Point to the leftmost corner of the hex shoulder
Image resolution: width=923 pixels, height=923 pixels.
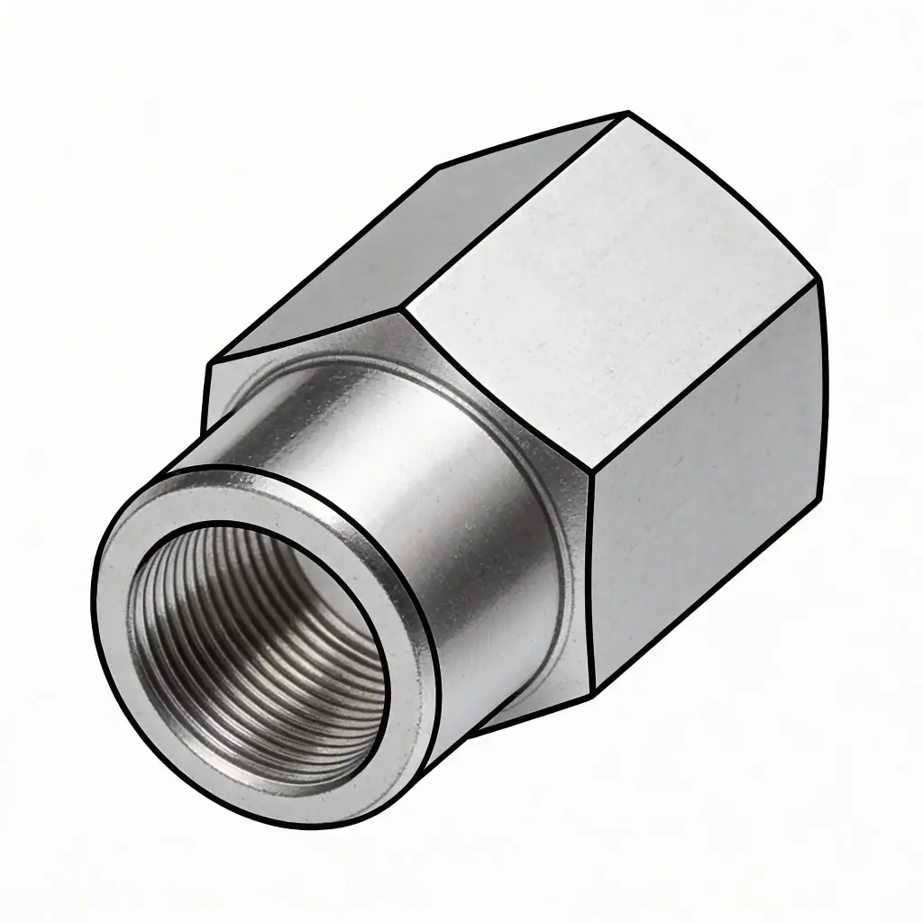208,365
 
